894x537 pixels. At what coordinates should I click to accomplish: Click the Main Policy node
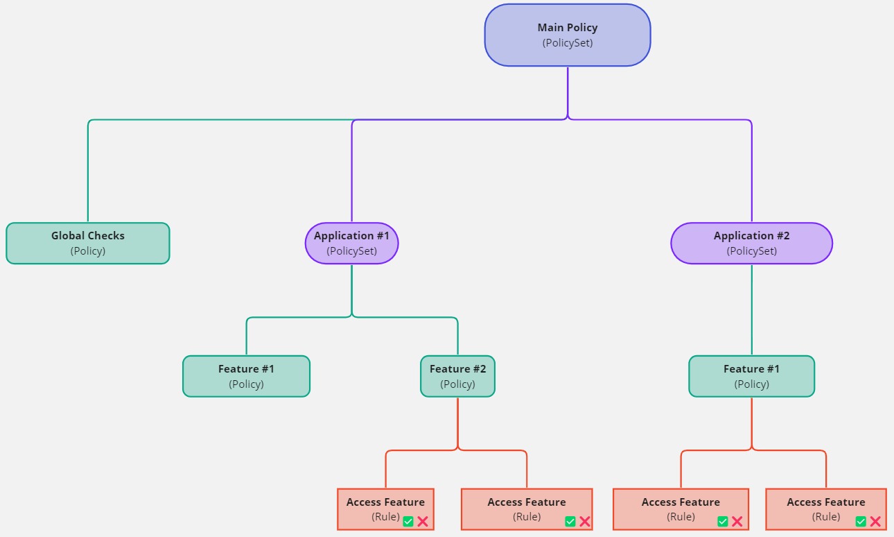coord(567,35)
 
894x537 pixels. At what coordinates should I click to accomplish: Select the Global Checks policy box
coord(88,243)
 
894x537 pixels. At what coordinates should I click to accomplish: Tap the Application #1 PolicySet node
coord(351,243)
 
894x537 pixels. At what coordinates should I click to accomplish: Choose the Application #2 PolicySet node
coord(751,243)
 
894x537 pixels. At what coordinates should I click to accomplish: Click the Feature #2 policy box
coord(457,376)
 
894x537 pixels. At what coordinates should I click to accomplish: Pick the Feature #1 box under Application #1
coord(246,376)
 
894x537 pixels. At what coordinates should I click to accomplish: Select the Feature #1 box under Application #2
coord(751,376)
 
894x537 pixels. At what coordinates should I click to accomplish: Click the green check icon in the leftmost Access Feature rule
coord(408,521)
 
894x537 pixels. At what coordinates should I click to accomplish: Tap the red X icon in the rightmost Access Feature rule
coord(875,521)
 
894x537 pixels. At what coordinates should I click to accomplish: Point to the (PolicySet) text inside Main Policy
coord(567,43)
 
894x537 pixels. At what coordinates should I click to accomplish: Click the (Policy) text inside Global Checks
coord(88,251)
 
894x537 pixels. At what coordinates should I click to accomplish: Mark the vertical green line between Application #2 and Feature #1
coord(752,309)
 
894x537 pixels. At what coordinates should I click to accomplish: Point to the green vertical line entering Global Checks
coord(88,173)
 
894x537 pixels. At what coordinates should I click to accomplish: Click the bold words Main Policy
coord(567,28)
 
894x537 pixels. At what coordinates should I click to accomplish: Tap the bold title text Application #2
coord(751,236)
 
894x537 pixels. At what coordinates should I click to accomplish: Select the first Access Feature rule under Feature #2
coord(385,509)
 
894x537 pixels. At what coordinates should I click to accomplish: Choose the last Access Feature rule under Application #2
coord(825,509)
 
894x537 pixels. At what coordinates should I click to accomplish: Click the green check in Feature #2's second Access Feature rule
coord(570,521)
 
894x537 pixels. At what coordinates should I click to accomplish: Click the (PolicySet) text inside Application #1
coord(351,251)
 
